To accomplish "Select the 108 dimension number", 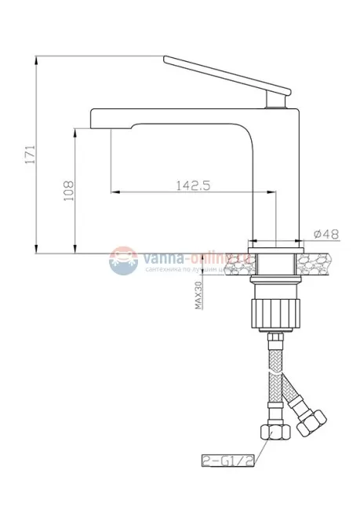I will click(x=68, y=189).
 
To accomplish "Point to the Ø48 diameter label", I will click(x=325, y=233).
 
